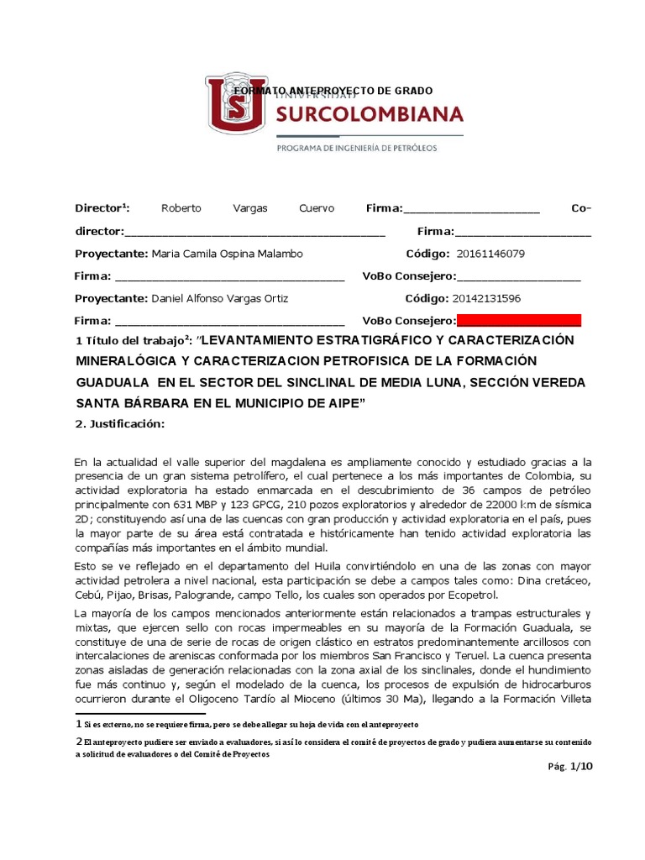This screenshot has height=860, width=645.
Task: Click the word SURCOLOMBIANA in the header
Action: (370, 113)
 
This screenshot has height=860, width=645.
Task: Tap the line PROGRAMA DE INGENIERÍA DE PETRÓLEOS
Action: (357, 148)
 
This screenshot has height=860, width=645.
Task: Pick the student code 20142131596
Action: (486, 298)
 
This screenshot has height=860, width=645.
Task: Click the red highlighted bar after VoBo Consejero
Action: (519, 320)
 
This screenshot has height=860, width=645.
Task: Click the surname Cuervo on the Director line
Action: (316, 208)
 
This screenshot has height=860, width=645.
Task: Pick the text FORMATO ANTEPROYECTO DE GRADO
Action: (333, 90)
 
